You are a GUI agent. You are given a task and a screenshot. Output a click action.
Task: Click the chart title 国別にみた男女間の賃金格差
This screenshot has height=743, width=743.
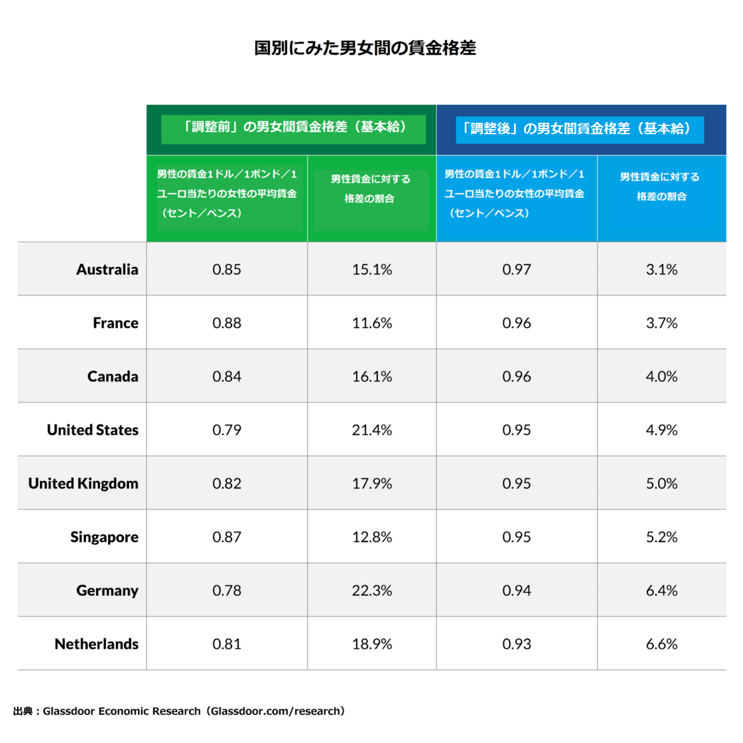[365, 48]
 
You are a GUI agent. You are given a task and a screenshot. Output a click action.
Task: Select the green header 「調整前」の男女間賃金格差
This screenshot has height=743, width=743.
[293, 127]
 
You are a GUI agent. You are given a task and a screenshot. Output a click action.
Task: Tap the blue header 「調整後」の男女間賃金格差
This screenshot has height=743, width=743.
[579, 129]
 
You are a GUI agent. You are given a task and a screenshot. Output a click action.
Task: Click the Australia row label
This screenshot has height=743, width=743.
[107, 270]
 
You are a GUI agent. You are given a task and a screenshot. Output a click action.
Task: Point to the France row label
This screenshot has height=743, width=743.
[115, 323]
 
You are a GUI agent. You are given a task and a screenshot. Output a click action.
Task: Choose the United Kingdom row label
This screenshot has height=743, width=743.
[83, 483]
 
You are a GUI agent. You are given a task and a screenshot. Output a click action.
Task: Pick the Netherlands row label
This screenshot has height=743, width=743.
[97, 644]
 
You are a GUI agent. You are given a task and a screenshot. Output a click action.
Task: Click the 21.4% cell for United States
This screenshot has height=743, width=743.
[372, 430]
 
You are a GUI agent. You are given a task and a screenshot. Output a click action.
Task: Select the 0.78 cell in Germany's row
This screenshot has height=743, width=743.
[227, 591]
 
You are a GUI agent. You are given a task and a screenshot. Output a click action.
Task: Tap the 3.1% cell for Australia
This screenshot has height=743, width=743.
[662, 270]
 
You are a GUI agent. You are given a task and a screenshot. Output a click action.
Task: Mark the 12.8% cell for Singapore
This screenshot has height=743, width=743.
[372, 538]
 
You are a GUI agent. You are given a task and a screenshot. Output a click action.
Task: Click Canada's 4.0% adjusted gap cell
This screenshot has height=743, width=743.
[662, 377]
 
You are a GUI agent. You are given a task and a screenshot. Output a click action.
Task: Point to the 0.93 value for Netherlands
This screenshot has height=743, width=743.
[517, 644]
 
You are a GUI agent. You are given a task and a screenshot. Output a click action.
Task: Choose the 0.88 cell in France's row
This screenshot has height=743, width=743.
[227, 323]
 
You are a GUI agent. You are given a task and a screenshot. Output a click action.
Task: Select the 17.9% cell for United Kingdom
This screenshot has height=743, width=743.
[372, 483]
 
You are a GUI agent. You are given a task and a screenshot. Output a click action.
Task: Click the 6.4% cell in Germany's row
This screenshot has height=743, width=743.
[662, 591]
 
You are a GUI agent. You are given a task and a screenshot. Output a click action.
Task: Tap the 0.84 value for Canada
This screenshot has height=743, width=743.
[227, 377]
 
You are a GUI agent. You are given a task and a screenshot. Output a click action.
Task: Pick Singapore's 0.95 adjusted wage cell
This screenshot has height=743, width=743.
[517, 538]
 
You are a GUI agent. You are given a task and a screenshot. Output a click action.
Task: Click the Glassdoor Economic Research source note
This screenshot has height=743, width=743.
[179, 711]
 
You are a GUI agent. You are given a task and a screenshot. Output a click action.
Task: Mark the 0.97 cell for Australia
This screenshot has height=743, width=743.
[517, 270]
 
